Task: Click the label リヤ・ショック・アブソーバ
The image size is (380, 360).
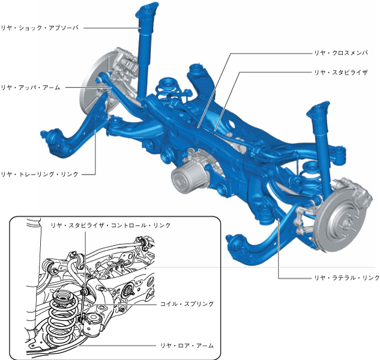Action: (40, 28)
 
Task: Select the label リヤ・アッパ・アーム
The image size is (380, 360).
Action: (31, 88)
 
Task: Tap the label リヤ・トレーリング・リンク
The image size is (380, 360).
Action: (40, 174)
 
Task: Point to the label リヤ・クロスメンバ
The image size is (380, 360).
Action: (341, 53)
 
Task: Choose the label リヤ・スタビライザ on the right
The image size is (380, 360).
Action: (341, 72)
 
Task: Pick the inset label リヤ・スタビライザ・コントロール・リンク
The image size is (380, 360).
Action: (110, 226)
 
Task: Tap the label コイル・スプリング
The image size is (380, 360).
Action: (187, 304)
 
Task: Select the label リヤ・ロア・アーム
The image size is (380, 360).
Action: (187, 346)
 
